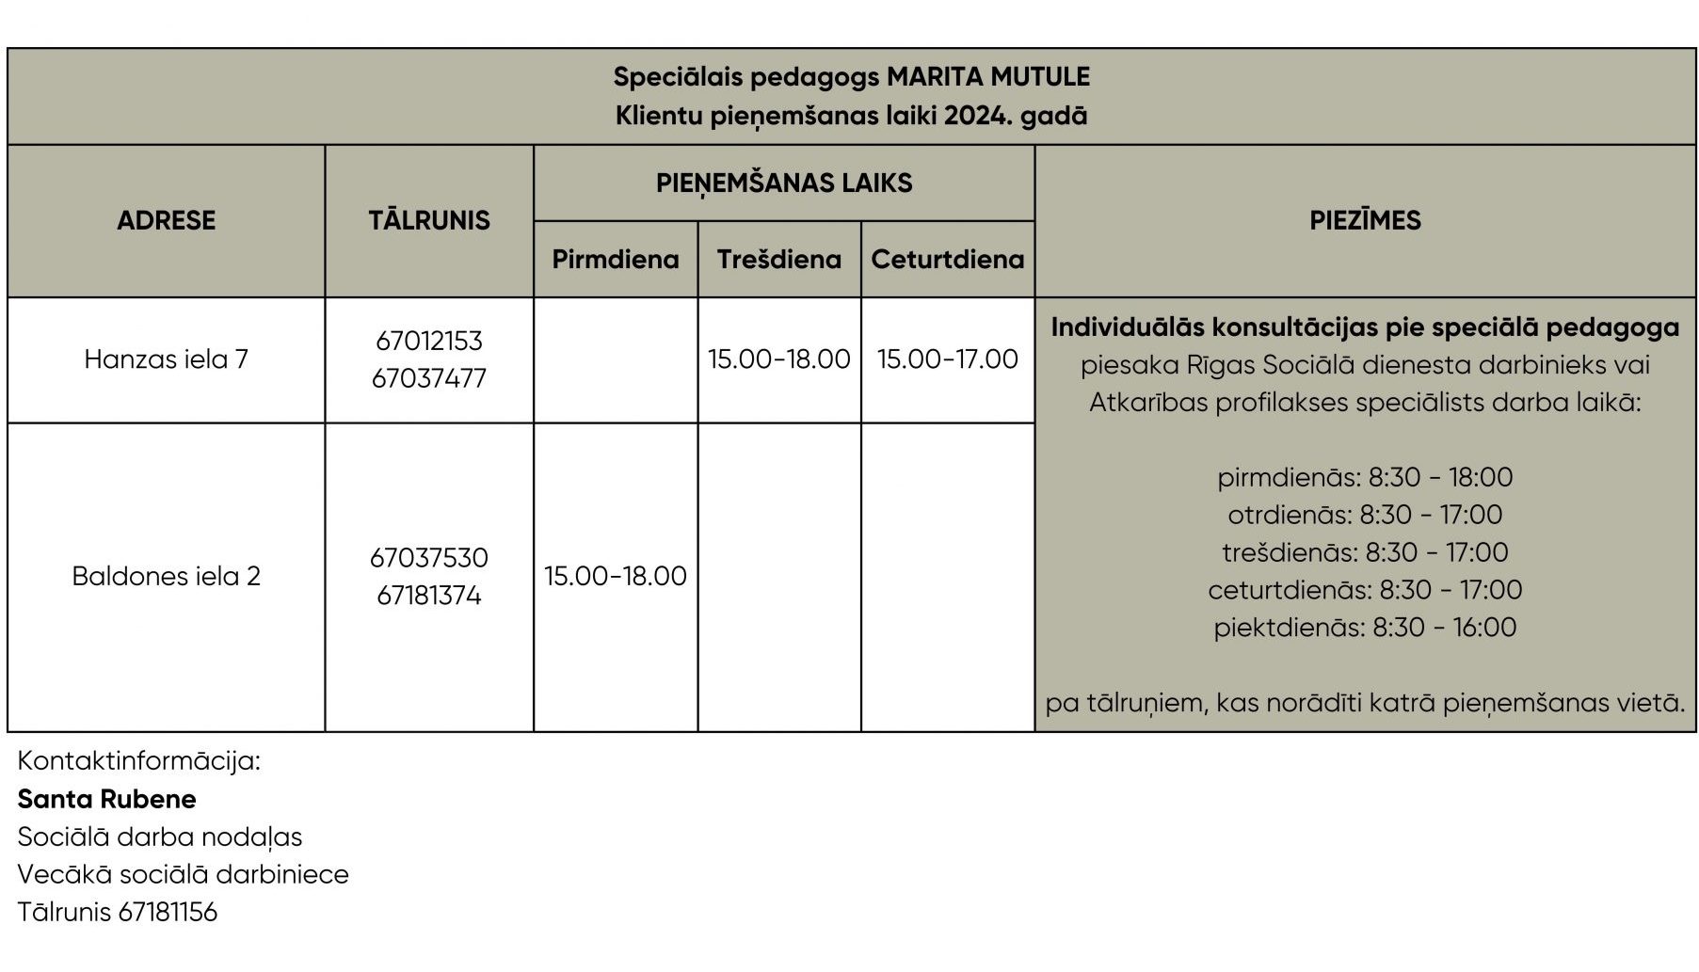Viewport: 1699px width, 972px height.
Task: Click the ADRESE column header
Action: click(x=166, y=220)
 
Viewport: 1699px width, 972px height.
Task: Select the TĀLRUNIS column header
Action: click(x=429, y=220)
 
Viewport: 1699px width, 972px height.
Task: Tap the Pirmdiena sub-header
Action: click(x=616, y=260)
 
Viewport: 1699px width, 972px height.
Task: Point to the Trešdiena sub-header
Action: click(x=779, y=260)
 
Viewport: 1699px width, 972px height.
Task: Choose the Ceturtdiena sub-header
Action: click(x=948, y=260)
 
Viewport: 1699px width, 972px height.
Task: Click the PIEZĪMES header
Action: click(x=1365, y=220)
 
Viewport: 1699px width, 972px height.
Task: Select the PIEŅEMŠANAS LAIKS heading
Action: click(x=784, y=183)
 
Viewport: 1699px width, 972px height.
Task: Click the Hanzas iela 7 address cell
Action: click(x=166, y=359)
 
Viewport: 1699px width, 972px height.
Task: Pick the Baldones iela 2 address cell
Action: click(x=166, y=576)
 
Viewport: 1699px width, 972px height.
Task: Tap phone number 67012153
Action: click(x=429, y=341)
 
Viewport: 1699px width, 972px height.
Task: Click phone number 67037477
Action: click(x=429, y=378)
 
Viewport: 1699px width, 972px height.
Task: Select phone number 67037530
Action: click(x=429, y=557)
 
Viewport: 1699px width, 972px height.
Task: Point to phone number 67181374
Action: click(x=429, y=596)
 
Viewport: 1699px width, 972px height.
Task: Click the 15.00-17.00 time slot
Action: click(x=948, y=359)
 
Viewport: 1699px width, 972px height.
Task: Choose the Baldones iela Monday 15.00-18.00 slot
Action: click(x=616, y=576)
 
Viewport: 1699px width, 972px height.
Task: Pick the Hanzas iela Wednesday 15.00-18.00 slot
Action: click(x=779, y=359)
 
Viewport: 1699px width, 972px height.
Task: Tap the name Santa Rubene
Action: click(x=107, y=799)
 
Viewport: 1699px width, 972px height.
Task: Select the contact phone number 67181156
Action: click(x=168, y=912)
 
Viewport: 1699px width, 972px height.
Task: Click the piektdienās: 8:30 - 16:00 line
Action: click(x=1365, y=628)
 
